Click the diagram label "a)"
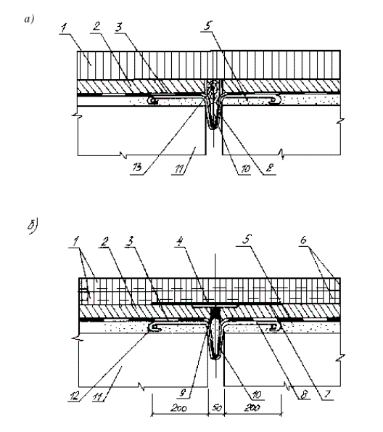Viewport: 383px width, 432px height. (x=29, y=20)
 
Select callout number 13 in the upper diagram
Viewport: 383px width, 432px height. (x=137, y=167)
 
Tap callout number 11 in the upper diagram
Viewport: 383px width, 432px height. (x=178, y=169)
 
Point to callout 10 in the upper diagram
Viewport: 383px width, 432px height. (x=245, y=168)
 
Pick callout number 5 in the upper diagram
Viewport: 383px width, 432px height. (x=208, y=25)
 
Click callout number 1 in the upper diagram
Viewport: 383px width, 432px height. (x=64, y=28)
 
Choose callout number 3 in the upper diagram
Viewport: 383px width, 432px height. (x=119, y=28)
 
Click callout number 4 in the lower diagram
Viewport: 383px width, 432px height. (x=179, y=241)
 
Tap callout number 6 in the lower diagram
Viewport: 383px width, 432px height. (x=303, y=240)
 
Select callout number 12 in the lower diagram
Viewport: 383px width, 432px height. (x=74, y=396)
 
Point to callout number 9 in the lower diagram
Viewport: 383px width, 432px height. (x=183, y=393)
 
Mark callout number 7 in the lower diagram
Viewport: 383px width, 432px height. (x=327, y=394)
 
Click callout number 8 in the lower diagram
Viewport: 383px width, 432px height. (x=303, y=394)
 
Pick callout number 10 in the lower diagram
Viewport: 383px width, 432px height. (x=256, y=395)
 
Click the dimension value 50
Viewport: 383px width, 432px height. (x=217, y=407)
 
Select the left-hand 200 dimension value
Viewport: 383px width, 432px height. (x=178, y=407)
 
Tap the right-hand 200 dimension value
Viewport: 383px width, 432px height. (x=252, y=407)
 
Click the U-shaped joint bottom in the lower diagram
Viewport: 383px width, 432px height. (x=215, y=357)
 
